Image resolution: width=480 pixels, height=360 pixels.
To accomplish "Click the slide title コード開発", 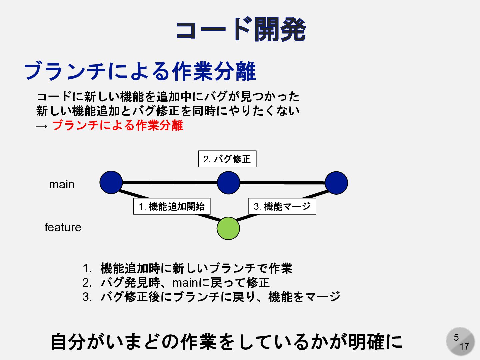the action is (x=241, y=30).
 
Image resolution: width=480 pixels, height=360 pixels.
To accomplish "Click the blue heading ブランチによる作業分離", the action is (x=140, y=71).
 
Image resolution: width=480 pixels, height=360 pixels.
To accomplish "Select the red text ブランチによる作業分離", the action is (x=118, y=125).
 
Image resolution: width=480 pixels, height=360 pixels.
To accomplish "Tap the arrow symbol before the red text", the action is (x=42, y=126).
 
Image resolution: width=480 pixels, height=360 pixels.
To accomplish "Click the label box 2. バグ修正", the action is (x=227, y=159).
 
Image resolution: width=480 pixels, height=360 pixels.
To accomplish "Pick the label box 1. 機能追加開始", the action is (x=172, y=206).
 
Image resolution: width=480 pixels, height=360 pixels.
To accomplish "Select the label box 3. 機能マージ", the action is (x=282, y=206).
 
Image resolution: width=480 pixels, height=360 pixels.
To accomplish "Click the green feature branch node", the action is (x=228, y=228).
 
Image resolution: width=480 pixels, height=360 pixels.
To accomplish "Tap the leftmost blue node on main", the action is (x=111, y=182).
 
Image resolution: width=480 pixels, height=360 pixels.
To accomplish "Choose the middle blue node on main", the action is (x=228, y=183).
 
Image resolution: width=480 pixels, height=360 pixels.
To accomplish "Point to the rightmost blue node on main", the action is (x=336, y=183).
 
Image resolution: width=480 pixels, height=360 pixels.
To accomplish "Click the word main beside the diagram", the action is (x=62, y=184).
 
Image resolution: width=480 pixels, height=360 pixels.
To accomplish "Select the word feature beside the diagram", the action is (x=63, y=227).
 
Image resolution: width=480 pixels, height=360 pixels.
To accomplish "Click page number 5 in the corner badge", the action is (x=456, y=337).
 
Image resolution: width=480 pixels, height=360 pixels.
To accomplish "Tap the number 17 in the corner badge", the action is (x=464, y=347).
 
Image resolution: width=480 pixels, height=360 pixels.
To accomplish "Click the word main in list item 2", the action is (x=185, y=283).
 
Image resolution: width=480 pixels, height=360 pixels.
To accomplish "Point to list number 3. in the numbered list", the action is (x=87, y=297).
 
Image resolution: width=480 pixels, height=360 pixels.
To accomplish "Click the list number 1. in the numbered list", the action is (x=87, y=268).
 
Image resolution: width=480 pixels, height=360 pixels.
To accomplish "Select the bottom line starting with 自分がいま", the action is (x=227, y=342).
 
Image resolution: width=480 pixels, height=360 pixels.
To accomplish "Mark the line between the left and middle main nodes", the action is (x=170, y=182).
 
